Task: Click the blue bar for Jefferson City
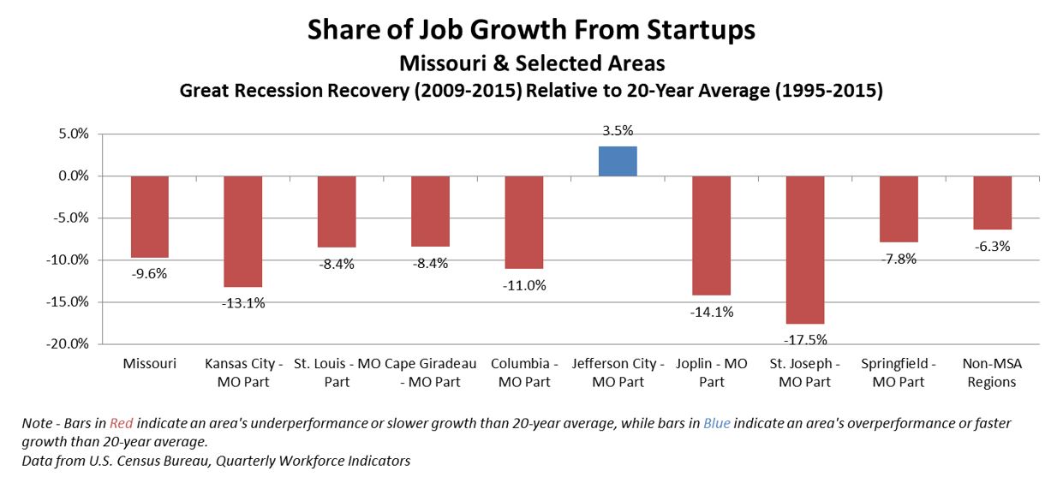point(617,161)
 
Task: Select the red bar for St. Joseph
point(804,249)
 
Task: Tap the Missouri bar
point(149,217)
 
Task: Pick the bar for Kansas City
point(242,231)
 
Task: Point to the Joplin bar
point(711,236)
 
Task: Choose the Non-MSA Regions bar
point(992,203)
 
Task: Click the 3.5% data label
point(617,131)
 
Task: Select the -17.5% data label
point(805,339)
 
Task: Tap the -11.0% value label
point(524,285)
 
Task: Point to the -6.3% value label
point(992,247)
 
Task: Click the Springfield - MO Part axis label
point(899,373)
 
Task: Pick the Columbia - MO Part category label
point(524,373)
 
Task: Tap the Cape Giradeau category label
point(430,373)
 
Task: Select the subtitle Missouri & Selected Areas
point(531,63)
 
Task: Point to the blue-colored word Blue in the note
point(716,424)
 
